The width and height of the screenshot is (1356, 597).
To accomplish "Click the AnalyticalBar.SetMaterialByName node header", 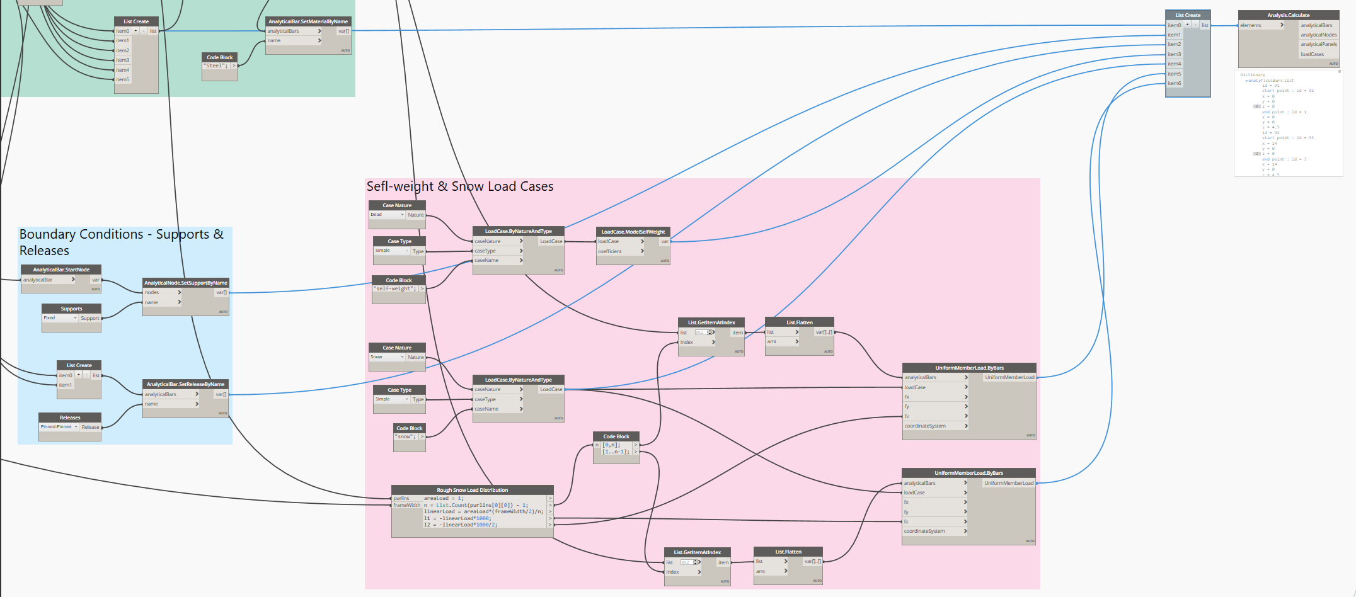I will click(307, 21).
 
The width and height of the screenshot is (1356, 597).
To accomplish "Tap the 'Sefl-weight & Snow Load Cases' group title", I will click(460, 186).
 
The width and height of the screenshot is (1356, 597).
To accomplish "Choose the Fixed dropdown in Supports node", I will click(60, 318).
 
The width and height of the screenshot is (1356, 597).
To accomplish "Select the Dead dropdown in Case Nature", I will click(386, 215).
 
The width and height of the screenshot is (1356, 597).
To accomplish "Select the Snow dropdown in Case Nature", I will click(386, 357).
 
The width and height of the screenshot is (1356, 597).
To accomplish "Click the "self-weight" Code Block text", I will click(395, 288).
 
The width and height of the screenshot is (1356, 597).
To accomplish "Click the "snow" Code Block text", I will click(406, 436).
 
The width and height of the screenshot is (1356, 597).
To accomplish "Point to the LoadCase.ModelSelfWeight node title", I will click(633, 232).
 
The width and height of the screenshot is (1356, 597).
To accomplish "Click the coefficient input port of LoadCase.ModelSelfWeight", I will click(620, 251).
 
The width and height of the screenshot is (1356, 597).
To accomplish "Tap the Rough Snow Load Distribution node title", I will click(472, 490).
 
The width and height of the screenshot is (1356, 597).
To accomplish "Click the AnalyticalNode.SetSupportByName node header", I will click(185, 283).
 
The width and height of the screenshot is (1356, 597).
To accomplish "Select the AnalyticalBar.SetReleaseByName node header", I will click(185, 384).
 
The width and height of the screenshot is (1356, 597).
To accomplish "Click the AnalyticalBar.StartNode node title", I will click(61, 270).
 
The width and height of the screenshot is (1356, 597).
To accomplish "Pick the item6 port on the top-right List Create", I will click(1175, 83).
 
